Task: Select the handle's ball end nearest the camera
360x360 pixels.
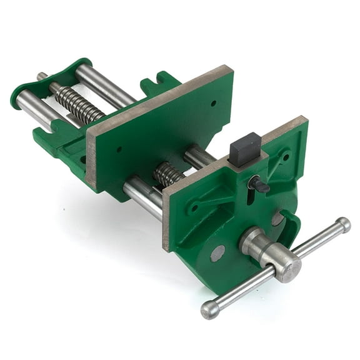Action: coord(209,309)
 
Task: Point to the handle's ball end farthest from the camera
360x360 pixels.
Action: coord(342,224)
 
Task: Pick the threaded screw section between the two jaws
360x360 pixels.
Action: coord(167,174)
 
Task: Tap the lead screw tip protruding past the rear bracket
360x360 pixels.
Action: coord(42,77)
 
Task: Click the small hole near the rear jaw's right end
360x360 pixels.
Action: coord(212,104)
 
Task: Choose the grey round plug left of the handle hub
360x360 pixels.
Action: coord(217,253)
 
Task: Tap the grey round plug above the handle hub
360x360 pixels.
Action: coord(277,219)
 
